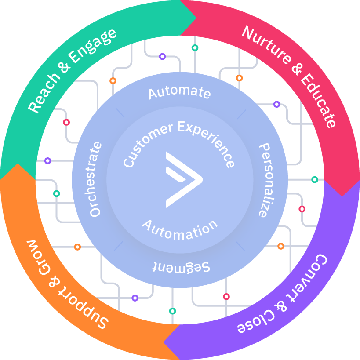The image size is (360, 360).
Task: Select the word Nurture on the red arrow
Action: tap(266, 47)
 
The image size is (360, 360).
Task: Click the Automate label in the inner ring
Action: tap(179, 92)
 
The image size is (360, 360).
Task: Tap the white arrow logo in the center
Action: tap(183, 179)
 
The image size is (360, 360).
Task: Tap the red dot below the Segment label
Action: tap(226, 297)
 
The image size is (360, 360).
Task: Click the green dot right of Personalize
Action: tap(315, 179)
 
